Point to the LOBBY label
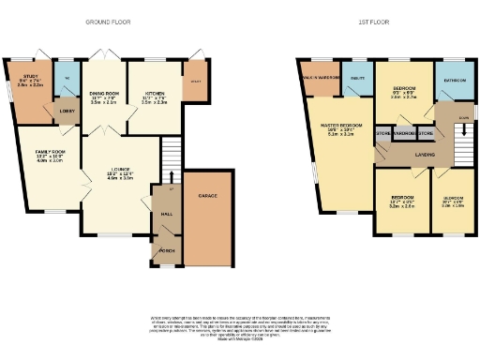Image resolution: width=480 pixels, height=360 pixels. coord(67,111)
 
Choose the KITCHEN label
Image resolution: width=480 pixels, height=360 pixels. coord(155,93)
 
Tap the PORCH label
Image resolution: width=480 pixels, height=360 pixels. coord(165,251)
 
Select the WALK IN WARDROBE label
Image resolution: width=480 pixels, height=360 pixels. coord(320,76)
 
